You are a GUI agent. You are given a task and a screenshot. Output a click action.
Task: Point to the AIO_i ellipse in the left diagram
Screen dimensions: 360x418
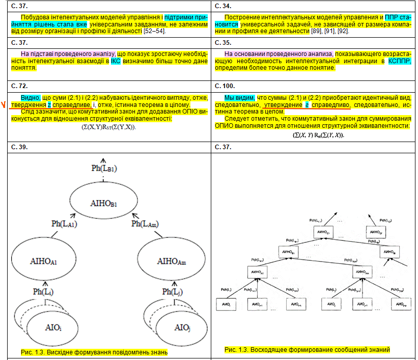[x=53, y=326]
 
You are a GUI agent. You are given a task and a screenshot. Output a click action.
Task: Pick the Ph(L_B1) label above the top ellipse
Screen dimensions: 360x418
[x=105, y=168]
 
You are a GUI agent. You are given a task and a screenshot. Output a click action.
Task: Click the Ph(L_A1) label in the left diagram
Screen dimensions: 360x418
[x=64, y=223]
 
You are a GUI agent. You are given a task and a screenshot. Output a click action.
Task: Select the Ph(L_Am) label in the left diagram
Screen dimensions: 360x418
[x=145, y=223]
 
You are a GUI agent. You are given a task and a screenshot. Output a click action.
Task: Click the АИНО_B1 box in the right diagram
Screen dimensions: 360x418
[x=288, y=252]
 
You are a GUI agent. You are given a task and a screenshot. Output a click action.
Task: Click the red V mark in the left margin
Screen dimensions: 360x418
[x=4, y=106]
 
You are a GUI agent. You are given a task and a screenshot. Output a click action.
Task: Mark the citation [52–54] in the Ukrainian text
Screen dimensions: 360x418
[x=154, y=32]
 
